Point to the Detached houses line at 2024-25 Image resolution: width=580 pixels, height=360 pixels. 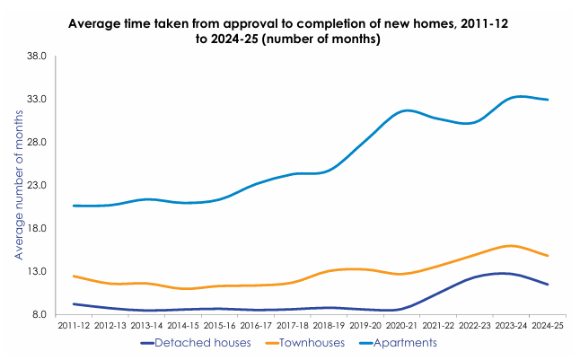tap(548, 285)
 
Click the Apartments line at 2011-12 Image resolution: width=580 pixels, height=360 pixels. tap(74, 206)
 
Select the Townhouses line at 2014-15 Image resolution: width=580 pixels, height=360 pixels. tap(183, 289)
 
